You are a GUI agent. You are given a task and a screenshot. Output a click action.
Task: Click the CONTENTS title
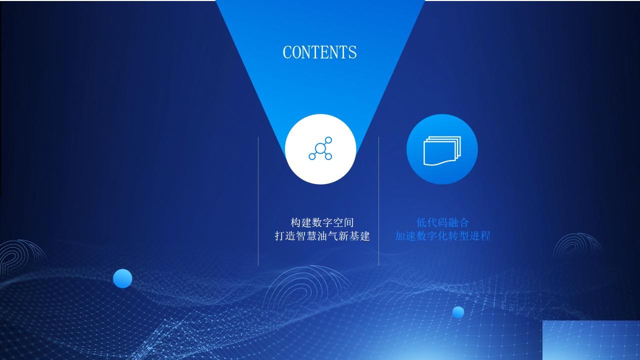coord(319,52)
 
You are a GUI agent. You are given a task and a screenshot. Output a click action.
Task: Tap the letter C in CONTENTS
coord(286,52)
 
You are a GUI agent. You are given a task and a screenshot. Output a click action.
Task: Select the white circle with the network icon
coord(320,149)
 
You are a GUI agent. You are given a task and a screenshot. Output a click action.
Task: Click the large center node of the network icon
coord(320,148)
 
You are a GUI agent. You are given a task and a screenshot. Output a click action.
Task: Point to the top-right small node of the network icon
coord(328,140)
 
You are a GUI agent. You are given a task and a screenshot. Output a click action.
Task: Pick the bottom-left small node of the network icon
coord(312,156)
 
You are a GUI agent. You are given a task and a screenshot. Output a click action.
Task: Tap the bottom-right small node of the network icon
coord(328,156)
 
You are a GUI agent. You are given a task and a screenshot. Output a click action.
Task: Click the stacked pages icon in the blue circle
coord(442,150)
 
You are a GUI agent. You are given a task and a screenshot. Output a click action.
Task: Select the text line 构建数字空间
coord(322,222)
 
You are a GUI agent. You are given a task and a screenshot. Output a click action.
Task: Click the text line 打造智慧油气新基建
coord(322,236)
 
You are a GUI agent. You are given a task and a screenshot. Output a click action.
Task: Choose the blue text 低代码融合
coord(442,222)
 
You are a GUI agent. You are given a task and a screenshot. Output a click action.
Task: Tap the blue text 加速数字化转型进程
coord(442,236)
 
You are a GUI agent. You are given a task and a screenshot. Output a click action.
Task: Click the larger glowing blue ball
coord(122,278)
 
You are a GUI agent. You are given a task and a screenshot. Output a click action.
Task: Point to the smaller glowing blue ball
coord(458,312)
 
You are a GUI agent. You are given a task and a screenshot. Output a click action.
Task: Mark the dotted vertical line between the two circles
coord(379,201)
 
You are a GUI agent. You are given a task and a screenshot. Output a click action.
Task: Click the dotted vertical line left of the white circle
coord(258,201)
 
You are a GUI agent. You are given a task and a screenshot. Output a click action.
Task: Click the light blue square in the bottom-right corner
coord(591,340)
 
